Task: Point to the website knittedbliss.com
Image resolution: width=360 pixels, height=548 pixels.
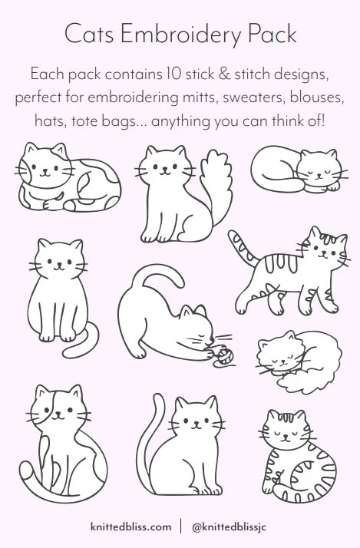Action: point(130,527)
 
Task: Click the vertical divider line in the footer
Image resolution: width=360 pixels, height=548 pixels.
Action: point(180,527)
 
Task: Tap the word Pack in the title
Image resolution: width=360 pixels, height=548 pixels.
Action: point(268,35)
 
